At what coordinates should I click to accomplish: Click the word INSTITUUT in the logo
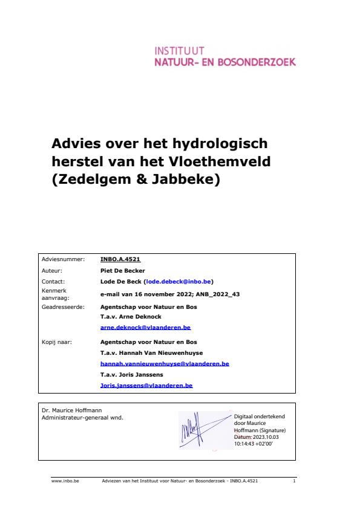tap(180, 51)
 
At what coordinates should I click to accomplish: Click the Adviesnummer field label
tap(63, 259)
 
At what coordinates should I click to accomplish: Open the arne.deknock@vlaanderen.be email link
tap(145, 327)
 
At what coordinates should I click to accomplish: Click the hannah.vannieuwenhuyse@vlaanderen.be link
tap(165, 364)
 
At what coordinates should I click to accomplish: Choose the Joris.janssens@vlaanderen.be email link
tap(146, 385)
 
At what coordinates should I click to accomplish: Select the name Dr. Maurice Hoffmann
tap(67, 411)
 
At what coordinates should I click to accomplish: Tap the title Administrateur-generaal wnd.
tap(82, 418)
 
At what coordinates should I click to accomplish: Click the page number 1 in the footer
tap(293, 482)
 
